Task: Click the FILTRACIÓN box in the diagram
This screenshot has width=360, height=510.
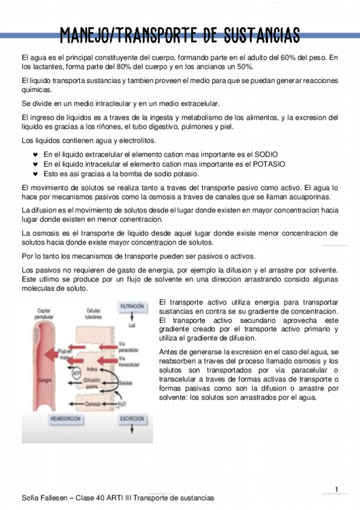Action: pyautogui.click(x=132, y=307)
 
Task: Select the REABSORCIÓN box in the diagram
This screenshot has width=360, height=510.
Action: pyautogui.click(x=66, y=419)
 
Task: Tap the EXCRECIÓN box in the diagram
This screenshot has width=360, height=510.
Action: pyautogui.click(x=132, y=419)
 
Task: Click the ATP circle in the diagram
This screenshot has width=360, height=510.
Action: pyautogui.click(x=76, y=374)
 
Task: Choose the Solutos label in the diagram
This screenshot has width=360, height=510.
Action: pyautogui.click(x=126, y=382)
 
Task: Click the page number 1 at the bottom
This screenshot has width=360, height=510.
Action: pyautogui.click(x=337, y=488)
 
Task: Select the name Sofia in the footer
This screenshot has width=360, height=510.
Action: pyautogui.click(x=31, y=498)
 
